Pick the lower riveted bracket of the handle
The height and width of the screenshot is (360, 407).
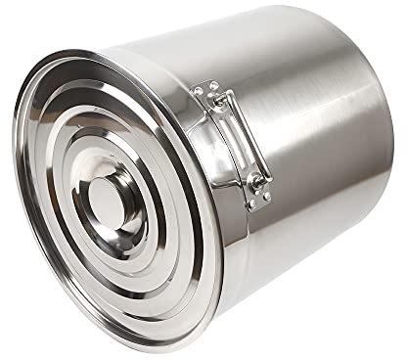[x=256, y=190]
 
